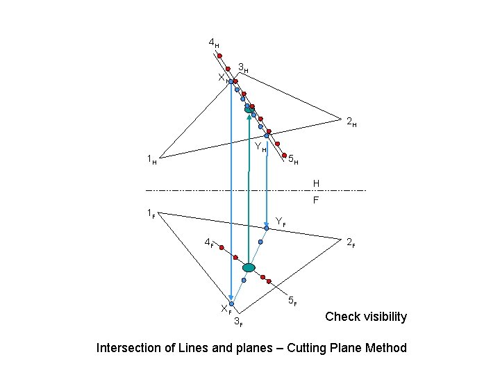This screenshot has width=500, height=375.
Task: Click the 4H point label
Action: coord(213,44)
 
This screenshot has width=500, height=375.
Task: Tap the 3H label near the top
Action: coord(243,69)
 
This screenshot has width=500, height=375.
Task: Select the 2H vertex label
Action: coord(351,123)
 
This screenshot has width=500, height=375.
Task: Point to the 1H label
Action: coord(151,160)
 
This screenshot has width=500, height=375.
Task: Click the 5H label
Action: coord(293,160)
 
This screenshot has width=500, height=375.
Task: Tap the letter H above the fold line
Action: coord(316,183)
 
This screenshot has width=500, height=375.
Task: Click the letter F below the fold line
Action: coord(316,200)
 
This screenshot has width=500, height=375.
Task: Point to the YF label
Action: coord(280,222)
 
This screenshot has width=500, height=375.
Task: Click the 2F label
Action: coord(351,242)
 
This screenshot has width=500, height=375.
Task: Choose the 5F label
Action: coord(292,301)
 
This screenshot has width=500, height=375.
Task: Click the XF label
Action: coord(225,308)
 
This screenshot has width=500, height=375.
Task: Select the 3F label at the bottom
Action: coord(238,321)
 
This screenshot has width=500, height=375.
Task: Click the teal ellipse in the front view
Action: coord(249,267)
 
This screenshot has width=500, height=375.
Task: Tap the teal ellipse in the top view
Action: coord(249,109)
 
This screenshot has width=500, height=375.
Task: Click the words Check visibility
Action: coord(366,317)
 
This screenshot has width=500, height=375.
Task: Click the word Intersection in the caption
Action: coord(127,347)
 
